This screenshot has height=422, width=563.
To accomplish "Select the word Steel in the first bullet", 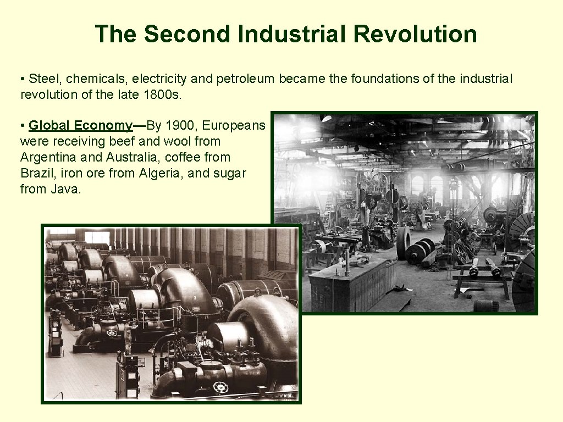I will [42, 79].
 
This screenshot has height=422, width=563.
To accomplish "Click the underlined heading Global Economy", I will [80, 126].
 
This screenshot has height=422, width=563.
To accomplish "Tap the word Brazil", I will [36, 174].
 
